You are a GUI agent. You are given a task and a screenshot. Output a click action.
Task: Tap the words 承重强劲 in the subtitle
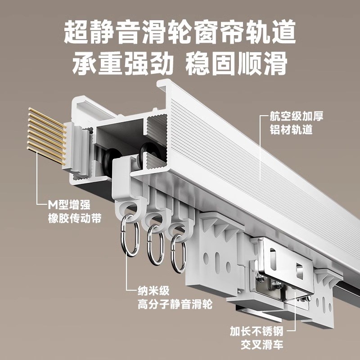122,64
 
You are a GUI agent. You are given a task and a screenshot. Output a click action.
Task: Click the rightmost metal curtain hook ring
178,254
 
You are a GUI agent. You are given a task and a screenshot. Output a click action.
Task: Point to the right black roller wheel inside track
147,153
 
